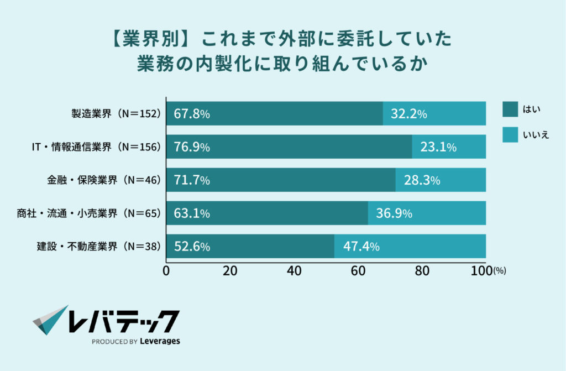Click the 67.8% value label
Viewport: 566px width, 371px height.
(192, 114)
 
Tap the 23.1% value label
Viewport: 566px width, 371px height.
(438, 147)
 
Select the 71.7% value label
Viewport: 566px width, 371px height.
(192, 180)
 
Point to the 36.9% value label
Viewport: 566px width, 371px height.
(394, 213)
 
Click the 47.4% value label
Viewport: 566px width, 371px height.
(361, 247)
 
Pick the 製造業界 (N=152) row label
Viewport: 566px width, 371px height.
(116, 114)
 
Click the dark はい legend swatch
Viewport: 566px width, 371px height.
(510, 109)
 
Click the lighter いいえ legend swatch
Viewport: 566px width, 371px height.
(510, 134)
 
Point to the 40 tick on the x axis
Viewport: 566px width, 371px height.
(294, 271)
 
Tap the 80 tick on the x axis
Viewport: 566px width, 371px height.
(422, 271)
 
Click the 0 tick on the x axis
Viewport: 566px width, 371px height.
(166, 271)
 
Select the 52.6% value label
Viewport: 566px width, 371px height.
(192, 247)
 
